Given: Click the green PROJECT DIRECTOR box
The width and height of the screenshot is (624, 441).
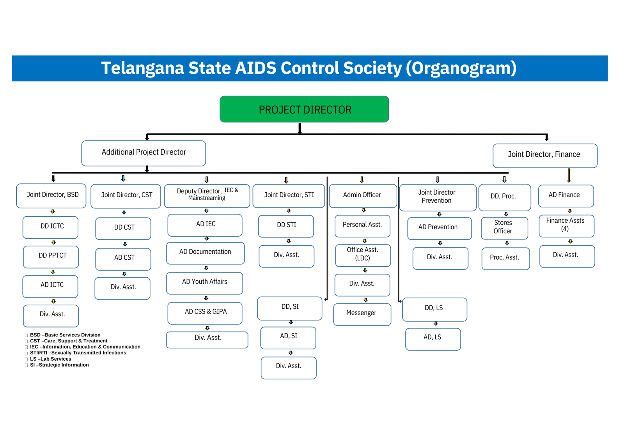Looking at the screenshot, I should coord(304,109).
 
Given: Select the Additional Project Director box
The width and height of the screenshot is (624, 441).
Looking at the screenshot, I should coord(144,153).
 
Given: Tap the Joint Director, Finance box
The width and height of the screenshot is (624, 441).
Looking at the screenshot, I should coord(545,155).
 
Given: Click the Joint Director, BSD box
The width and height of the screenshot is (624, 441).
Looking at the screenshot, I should coord(51,195).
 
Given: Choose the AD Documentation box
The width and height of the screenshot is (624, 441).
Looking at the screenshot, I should coord(205,253).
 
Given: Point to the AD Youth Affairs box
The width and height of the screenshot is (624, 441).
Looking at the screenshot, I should coord(204,283).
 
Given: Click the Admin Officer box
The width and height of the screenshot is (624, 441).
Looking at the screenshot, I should coord(363,196).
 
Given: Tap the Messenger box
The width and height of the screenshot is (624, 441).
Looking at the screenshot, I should coord(362,314).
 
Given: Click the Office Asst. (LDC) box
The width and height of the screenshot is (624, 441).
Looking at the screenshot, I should coord(363,255).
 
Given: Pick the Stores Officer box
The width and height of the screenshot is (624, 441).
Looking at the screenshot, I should coord(504,228).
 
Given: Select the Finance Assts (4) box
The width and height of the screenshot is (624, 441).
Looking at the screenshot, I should coord(566,225).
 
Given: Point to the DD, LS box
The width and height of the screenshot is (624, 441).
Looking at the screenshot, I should coord(434,309).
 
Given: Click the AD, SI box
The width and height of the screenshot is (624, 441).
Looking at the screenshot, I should coord(288,337).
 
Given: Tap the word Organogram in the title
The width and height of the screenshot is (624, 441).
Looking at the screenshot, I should coord(461,68).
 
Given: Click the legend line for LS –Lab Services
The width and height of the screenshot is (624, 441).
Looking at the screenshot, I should coord(50,359).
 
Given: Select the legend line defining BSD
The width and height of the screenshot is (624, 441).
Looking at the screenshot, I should coord(65,335).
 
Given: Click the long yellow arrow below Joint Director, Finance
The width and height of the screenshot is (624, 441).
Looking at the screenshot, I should coord(569,175).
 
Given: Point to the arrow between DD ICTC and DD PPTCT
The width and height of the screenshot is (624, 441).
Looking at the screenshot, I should coord(53,243).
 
